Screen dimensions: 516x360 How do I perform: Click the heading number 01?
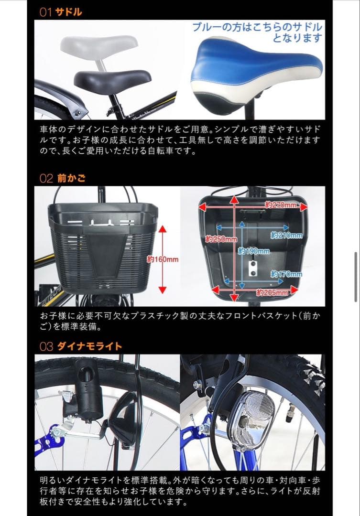coord(45,12)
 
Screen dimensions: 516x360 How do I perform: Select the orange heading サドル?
coord(69,12)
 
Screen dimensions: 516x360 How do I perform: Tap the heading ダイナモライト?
coord(89,346)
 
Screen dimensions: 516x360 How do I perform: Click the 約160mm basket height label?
coord(163,259)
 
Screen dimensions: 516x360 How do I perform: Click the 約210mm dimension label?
coord(286,235)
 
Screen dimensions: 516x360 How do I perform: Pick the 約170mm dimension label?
coord(286,274)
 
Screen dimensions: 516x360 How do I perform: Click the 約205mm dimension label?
coord(272,292)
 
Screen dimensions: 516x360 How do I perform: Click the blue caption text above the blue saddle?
coord(257,32)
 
